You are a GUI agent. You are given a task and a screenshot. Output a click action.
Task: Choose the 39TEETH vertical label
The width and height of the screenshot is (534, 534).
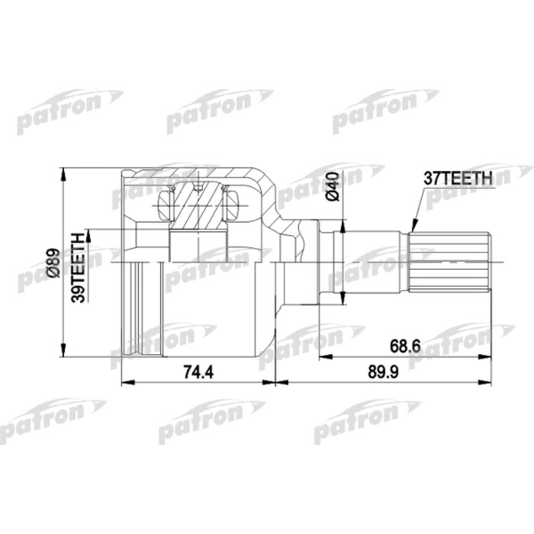[x=77, y=269]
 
